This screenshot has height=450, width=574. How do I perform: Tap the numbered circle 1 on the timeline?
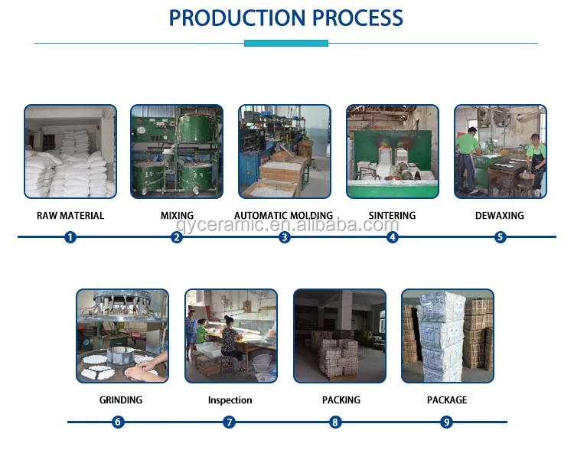(70, 237)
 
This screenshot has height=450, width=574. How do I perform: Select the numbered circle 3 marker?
(285, 237)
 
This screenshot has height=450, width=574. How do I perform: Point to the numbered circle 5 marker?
(501, 237)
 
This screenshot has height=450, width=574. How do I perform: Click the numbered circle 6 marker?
(118, 422)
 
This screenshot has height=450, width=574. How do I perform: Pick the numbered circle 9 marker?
(447, 422)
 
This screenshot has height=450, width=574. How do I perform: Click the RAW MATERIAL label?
(70, 216)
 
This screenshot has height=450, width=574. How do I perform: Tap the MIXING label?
(177, 216)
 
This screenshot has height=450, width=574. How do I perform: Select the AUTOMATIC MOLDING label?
(283, 216)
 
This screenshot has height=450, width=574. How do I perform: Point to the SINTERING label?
(392, 216)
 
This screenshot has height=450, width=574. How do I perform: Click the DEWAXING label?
(500, 216)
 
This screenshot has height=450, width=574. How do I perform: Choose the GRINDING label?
(121, 400)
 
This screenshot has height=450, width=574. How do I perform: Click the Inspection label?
(230, 400)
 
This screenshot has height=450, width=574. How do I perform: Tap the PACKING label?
(341, 400)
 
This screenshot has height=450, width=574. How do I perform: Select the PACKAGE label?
(447, 400)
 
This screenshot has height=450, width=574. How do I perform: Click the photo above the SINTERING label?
(393, 152)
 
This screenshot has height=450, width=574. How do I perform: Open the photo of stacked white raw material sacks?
(70, 152)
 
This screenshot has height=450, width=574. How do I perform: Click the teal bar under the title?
(286, 44)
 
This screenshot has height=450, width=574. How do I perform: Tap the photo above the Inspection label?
(230, 335)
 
